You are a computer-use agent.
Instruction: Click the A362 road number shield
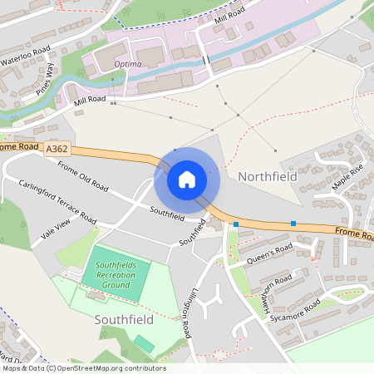57,149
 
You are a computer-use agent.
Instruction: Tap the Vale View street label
57,228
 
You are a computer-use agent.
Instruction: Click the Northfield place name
267,177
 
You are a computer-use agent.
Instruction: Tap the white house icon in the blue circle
186,179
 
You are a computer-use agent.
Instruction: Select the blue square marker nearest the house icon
236,224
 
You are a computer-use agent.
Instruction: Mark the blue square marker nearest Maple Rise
293,223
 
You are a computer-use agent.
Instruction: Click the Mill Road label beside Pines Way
91,101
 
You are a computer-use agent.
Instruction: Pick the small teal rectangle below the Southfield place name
145,343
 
